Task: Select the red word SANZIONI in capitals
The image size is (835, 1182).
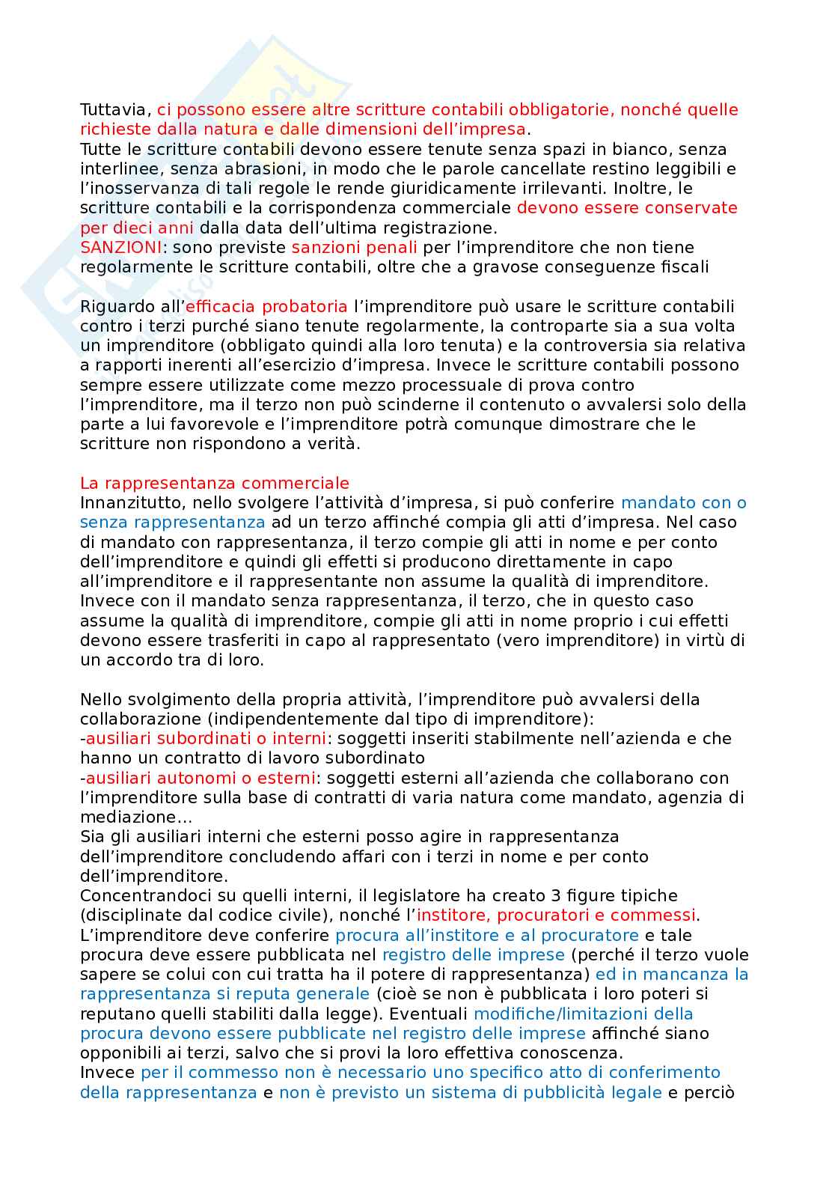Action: pyautogui.click(x=120, y=247)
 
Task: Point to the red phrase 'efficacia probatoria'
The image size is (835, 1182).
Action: pyautogui.click(x=266, y=306)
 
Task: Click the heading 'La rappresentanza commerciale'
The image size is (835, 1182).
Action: pyautogui.click(x=215, y=483)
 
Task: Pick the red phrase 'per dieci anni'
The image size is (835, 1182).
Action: pyautogui.click(x=137, y=228)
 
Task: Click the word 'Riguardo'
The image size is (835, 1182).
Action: pyautogui.click(x=115, y=306)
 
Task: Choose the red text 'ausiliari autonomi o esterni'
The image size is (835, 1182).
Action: pyautogui.click(x=201, y=778)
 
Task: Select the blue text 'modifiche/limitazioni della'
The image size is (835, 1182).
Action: pyautogui.click(x=584, y=1014)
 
